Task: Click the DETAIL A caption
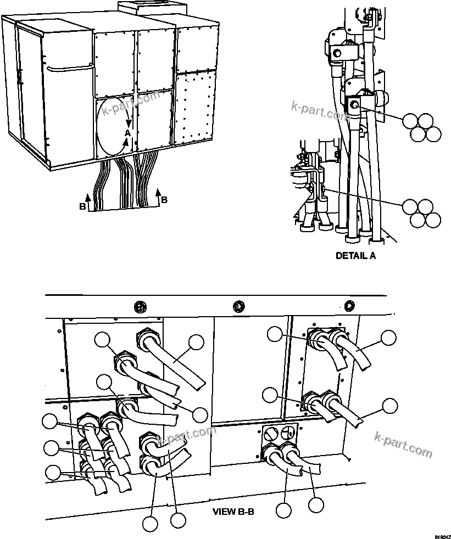(355, 255)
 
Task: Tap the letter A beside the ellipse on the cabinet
(127, 133)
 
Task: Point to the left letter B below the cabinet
(82, 207)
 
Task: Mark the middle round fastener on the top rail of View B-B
(238, 306)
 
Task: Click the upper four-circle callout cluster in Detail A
(421, 127)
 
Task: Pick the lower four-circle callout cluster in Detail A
(421, 214)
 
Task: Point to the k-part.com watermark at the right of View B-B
(403, 445)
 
